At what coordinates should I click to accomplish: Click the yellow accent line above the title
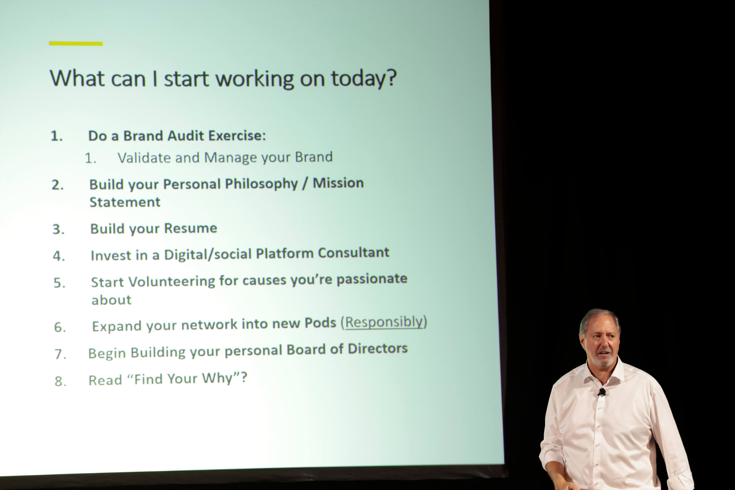tap(76, 44)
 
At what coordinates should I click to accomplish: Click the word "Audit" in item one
tap(186, 136)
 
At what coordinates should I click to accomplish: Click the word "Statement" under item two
tap(125, 202)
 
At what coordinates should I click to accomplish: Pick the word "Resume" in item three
tap(190, 228)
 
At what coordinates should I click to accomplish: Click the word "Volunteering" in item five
tap(172, 281)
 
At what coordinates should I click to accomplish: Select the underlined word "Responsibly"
tap(384, 322)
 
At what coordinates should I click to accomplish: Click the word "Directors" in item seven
tap(378, 349)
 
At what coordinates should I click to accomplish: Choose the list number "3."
tap(58, 229)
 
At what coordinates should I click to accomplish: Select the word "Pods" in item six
tap(320, 323)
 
